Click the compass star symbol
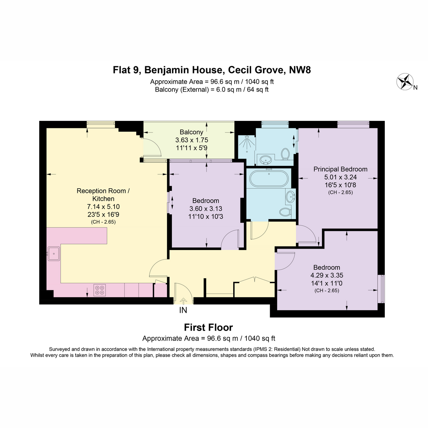click(x=405, y=82)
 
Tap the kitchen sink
click(x=53, y=254)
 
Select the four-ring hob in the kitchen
click(x=100, y=290)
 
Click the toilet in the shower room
click(x=285, y=153)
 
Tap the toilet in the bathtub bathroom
click(x=285, y=212)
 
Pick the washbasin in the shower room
click(x=266, y=160)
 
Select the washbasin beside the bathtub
click(x=290, y=196)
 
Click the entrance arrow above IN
click(x=183, y=301)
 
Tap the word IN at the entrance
click(x=183, y=310)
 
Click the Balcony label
click(x=192, y=132)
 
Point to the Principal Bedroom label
click(x=340, y=169)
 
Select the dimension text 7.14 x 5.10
click(x=103, y=207)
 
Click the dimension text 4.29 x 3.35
click(x=327, y=275)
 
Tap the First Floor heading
click(x=208, y=328)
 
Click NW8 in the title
click(x=300, y=70)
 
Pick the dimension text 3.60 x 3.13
click(x=206, y=209)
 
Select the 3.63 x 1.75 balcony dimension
click(x=192, y=140)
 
